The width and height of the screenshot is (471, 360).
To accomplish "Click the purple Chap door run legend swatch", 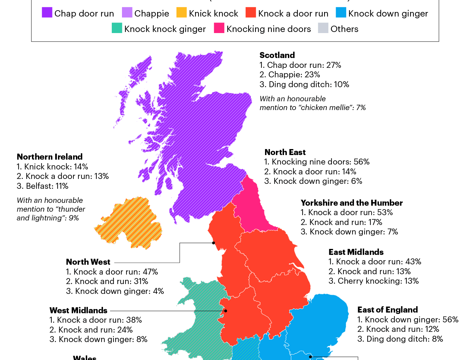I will pyautogui.click(x=47, y=13).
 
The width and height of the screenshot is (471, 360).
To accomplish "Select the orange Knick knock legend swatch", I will pyautogui.click(x=181, y=13).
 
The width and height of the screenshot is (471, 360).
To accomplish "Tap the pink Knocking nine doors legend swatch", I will pyautogui.click(x=219, y=28).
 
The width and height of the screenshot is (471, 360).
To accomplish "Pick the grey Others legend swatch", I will pyautogui.click(x=323, y=28).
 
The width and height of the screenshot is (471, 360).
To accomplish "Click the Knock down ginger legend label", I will pyautogui.click(x=388, y=14).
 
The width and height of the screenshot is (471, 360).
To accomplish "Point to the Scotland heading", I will pyautogui.click(x=277, y=55).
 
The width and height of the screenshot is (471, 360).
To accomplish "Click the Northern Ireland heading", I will pyautogui.click(x=50, y=157).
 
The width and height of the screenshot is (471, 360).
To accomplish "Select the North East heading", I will pyautogui.click(x=285, y=152).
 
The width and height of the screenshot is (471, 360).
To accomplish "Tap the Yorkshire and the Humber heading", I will pyautogui.click(x=351, y=203).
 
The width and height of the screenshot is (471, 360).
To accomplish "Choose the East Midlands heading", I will pyautogui.click(x=356, y=252).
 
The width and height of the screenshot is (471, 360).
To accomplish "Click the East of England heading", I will pyautogui.click(x=387, y=310).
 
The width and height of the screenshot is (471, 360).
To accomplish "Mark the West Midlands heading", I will pyautogui.click(x=78, y=310).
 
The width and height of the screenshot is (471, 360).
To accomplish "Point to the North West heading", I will pyautogui.click(x=88, y=262).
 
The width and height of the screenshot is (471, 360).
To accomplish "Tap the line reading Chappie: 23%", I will pyautogui.click(x=290, y=75).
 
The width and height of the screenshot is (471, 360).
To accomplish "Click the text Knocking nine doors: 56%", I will pyautogui.click(x=317, y=162).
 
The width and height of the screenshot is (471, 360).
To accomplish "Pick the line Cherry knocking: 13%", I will pyautogui.click(x=374, y=281).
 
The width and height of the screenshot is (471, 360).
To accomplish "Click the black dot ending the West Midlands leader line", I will pyautogui.click(x=226, y=311).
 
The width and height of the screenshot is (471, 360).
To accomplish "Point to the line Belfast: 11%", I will pyautogui.click(x=43, y=186).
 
